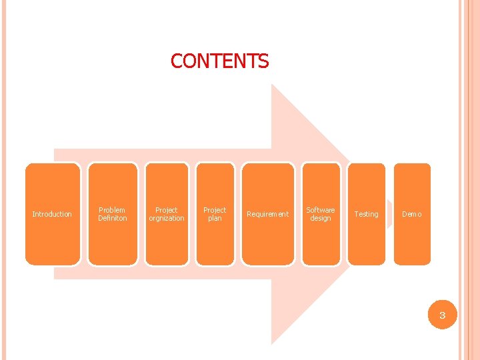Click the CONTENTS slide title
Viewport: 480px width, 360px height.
(219, 61)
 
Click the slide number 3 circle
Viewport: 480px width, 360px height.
(441, 315)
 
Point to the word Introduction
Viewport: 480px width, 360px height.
(52, 214)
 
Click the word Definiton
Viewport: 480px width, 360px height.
(113, 218)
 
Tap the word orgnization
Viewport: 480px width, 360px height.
(167, 218)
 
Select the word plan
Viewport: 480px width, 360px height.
(215, 218)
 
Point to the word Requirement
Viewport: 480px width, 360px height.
(267, 214)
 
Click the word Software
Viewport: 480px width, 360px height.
(321, 210)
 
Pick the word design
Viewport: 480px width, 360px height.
(321, 218)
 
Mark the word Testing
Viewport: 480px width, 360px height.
(366, 214)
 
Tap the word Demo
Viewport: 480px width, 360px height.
(411, 214)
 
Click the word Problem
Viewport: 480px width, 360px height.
(112, 210)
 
